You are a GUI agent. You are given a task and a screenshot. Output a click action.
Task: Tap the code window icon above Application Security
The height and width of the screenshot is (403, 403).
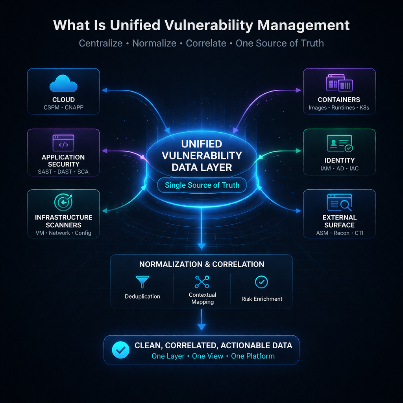tap(63, 143)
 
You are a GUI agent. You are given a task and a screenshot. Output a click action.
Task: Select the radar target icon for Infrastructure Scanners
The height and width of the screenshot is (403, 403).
tap(63, 202)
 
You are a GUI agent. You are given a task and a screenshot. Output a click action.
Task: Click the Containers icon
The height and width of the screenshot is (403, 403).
tap(339, 83)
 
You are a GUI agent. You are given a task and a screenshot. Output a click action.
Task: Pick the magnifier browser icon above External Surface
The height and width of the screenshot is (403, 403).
tap(339, 203)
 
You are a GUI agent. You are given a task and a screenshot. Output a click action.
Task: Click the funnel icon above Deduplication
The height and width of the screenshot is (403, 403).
tap(142, 282)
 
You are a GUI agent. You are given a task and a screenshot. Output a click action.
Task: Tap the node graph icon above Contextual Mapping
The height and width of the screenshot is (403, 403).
tap(202, 282)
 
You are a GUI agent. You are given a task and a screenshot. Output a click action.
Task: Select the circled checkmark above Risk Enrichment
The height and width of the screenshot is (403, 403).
tap(262, 282)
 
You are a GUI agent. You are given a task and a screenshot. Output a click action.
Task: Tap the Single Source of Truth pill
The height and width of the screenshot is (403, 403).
tap(202, 185)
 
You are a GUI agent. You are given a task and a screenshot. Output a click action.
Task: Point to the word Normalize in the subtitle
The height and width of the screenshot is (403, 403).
tap(154, 43)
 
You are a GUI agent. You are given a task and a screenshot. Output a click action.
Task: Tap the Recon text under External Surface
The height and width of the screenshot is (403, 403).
tap(339, 233)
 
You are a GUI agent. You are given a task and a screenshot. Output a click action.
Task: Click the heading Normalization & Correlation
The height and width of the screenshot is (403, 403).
tap(201, 264)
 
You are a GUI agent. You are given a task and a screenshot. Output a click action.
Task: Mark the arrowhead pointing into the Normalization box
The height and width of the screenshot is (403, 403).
tap(201, 247)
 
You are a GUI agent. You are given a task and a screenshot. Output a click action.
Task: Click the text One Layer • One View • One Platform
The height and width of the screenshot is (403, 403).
tap(213, 356)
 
